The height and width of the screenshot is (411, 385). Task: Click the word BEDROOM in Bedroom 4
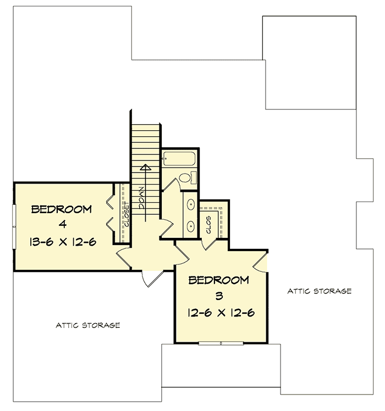coord(61,209)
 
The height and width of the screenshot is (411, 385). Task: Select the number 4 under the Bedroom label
coord(61,225)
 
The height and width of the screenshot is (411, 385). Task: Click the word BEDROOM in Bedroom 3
coord(218,280)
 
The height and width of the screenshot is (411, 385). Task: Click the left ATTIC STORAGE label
coord(88,325)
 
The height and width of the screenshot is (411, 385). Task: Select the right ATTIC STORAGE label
coord(320,291)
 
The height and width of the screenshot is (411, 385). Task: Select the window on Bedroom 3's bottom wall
coord(221,343)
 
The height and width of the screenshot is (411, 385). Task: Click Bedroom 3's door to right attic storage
coord(262,262)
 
